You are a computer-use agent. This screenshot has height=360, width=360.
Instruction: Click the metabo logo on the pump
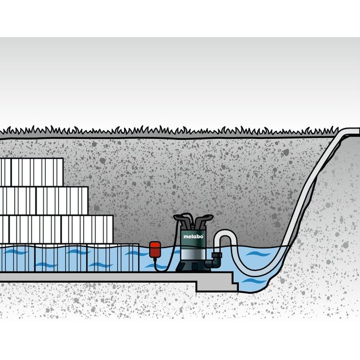pyautogui.click(x=193, y=236)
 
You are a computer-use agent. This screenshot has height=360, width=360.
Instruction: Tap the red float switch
pyautogui.click(x=155, y=250)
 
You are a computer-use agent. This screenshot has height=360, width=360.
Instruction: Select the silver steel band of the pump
pyautogui.click(x=193, y=255)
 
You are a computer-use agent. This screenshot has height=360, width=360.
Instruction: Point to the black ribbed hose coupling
pyautogui.click(x=216, y=255)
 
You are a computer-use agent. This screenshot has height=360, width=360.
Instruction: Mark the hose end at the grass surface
pyautogui.click(x=355, y=131)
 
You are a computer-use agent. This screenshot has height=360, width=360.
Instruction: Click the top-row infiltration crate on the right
pyautogui.click(x=37, y=172)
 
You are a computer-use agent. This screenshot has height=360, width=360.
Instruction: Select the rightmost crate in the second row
pyautogui.click(x=62, y=201)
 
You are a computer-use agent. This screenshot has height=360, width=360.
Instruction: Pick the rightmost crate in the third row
pyautogui.click(x=87, y=229)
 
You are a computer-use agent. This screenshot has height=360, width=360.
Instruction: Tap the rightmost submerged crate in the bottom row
pyautogui.click(x=113, y=258)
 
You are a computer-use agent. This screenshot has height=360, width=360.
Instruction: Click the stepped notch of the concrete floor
pyautogui.click(x=233, y=281)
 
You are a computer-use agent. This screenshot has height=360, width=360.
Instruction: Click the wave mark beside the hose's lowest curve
pyautogui.click(x=258, y=254)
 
